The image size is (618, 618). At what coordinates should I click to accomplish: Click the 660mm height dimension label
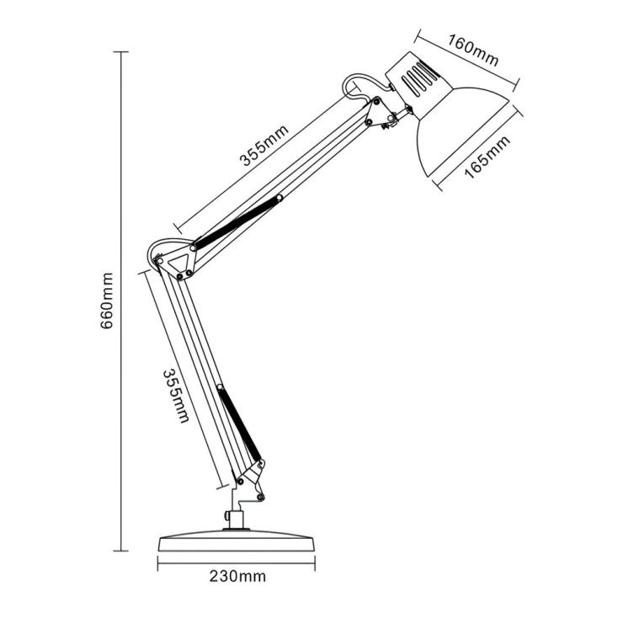click(x=107, y=301)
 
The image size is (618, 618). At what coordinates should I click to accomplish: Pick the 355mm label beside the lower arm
click(x=175, y=395)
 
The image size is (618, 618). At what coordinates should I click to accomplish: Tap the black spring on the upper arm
click(x=238, y=221)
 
